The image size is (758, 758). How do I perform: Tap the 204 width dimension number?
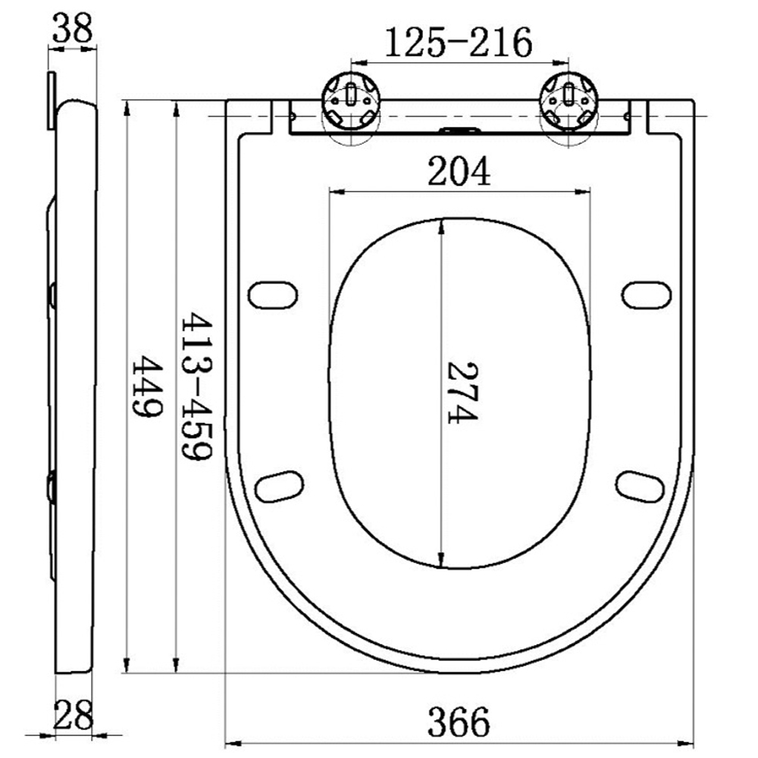click(x=459, y=172)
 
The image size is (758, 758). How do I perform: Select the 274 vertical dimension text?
click(x=462, y=392)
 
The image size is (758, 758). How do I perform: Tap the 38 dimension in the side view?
click(x=73, y=30)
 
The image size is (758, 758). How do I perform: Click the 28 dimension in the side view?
click(x=74, y=714)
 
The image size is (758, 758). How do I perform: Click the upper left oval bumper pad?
click(x=274, y=295)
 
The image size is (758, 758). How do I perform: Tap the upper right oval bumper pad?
click(x=647, y=295)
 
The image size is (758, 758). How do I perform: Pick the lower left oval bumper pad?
click(x=279, y=486)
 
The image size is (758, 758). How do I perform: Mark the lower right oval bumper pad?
click(x=641, y=486)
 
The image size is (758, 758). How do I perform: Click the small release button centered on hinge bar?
click(x=459, y=130)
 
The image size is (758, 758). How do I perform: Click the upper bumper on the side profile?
click(x=52, y=295)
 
